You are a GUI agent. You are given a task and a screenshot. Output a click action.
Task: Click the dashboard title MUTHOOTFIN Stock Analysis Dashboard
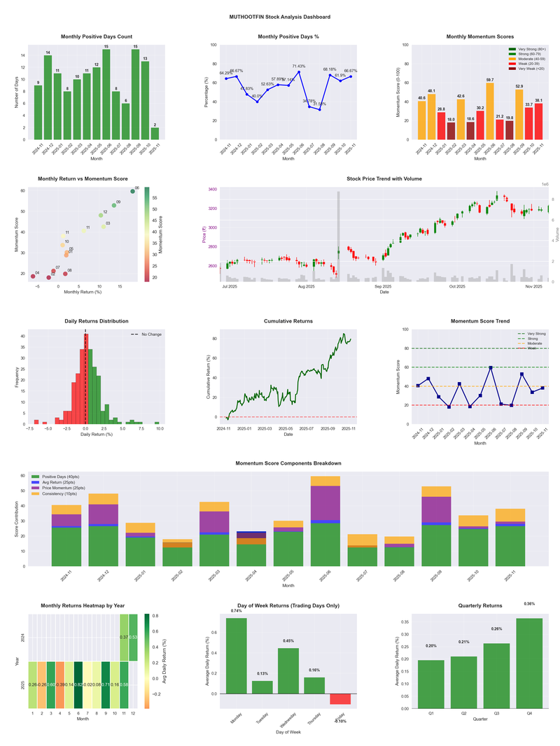(x=280, y=17)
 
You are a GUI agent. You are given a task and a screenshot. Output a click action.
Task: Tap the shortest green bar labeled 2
(x=155, y=133)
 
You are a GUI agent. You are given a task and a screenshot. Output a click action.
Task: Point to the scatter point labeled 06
(x=132, y=191)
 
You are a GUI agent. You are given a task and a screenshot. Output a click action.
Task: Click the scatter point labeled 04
(x=33, y=276)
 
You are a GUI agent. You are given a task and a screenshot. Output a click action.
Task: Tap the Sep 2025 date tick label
(x=383, y=286)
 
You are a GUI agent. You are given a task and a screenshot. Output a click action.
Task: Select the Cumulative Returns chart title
(x=288, y=321)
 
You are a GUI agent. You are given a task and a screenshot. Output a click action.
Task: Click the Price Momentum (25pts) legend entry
(x=64, y=487)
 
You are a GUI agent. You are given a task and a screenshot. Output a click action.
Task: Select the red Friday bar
(x=340, y=699)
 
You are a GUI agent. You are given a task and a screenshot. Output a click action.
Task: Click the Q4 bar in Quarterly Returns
(x=529, y=663)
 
